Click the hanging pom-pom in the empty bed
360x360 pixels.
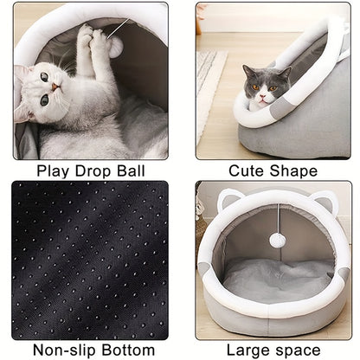(x=277, y=240)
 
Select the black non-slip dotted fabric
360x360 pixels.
(x=91, y=260)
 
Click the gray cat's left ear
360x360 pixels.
(x=249, y=69)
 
